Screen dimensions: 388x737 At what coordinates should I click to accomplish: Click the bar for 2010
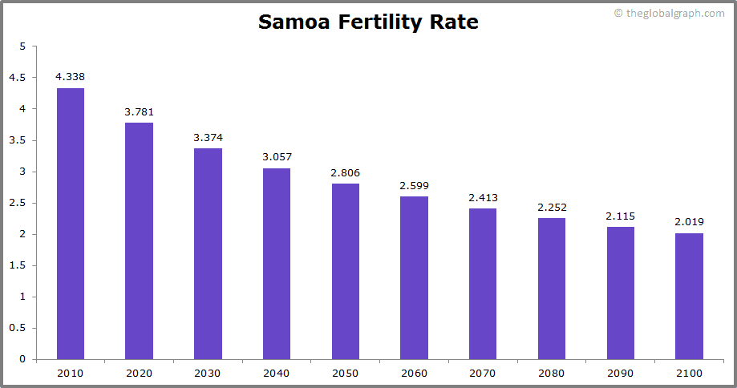(x=71, y=224)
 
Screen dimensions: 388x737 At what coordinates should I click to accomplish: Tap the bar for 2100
(x=689, y=296)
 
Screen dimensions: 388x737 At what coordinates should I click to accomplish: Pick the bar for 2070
(x=483, y=284)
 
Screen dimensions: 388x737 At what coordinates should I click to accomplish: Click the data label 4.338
(x=71, y=77)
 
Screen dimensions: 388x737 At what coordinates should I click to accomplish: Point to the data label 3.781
(x=139, y=111)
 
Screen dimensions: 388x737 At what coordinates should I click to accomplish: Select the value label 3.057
(x=277, y=157)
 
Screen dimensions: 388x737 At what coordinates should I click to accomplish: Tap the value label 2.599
(x=414, y=186)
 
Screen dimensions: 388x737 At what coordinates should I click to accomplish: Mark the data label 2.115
(x=620, y=216)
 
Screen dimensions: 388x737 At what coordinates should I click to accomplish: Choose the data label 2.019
(x=689, y=222)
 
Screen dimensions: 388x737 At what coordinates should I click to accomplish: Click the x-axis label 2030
(x=208, y=374)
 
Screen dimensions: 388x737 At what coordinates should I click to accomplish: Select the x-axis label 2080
(x=552, y=374)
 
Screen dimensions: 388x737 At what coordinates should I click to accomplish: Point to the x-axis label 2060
(x=414, y=374)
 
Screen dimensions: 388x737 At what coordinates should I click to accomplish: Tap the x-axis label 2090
(x=620, y=374)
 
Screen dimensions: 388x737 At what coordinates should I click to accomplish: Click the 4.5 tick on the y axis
(x=18, y=78)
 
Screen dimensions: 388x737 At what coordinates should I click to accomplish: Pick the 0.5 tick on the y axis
(x=18, y=328)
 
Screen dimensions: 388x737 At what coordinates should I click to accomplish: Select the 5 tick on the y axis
(x=22, y=46)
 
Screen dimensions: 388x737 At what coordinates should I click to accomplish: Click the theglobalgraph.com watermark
(x=670, y=14)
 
